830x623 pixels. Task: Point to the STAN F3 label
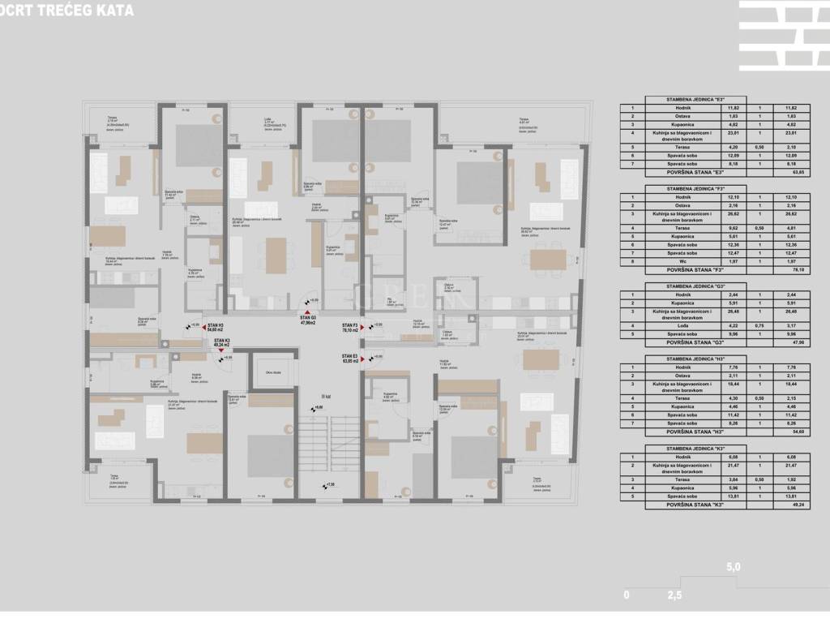click(x=349, y=328)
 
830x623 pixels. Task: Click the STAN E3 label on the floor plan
click(x=349, y=358)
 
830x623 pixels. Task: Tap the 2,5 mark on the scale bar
click(x=674, y=595)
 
